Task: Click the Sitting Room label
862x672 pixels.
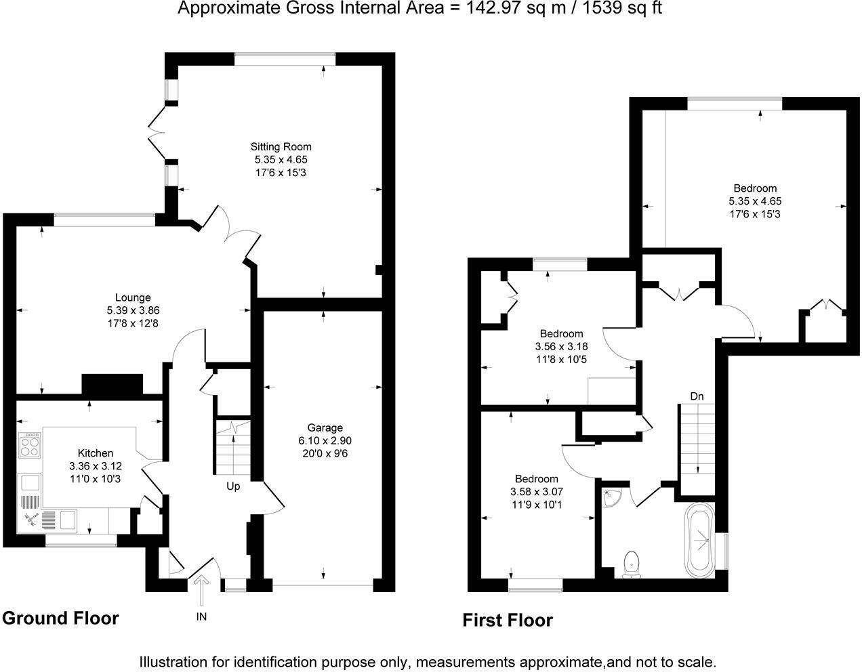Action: click(x=281, y=146)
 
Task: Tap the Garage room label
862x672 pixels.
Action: click(x=325, y=427)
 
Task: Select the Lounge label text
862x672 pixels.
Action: click(x=133, y=297)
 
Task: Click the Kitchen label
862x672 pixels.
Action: click(x=96, y=453)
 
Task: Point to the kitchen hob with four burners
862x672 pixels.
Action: click(x=29, y=446)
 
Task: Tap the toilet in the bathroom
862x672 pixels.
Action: click(x=632, y=564)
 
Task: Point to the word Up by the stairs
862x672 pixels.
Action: click(x=233, y=486)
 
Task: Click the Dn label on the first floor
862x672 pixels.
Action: click(x=697, y=396)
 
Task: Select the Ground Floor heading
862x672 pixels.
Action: click(x=60, y=618)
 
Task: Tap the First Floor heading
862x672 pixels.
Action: click(x=508, y=620)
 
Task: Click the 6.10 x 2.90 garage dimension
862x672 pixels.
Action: click(x=325, y=440)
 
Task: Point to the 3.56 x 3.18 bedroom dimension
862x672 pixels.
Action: click(x=561, y=346)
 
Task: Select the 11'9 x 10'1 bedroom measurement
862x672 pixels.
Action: click(x=535, y=504)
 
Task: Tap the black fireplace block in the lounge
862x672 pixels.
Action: click(x=112, y=384)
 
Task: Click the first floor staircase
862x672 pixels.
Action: click(x=697, y=440)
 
